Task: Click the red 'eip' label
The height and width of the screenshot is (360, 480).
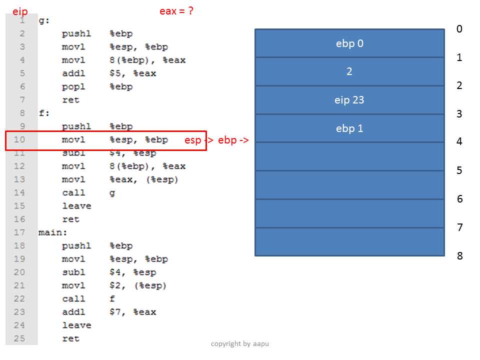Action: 20,11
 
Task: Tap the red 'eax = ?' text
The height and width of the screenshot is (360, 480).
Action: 176,11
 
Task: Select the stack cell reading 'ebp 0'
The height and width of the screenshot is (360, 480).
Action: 349,43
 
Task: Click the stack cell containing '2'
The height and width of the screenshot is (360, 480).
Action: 349,71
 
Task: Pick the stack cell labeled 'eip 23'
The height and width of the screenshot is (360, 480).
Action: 349,100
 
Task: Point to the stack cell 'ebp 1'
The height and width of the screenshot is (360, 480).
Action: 349,128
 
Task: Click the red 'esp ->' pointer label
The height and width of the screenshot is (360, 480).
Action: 199,140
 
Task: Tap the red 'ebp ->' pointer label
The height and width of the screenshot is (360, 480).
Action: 233,140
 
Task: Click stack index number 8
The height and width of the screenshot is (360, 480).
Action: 460,255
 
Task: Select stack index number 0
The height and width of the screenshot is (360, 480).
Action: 459,29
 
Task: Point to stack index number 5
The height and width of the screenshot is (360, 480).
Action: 459,170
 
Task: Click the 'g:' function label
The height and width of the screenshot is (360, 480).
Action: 44,21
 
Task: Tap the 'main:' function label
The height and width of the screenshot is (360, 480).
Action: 52,232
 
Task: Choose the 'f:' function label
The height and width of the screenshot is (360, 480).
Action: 44,113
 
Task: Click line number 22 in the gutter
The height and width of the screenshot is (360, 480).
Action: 19,298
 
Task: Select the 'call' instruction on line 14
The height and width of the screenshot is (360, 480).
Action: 73,192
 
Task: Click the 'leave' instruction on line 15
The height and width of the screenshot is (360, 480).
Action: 76,206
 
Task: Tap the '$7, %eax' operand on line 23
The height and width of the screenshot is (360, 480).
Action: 133,312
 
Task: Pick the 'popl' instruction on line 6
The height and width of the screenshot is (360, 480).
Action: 73,87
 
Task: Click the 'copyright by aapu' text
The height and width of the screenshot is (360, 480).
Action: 240,344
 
